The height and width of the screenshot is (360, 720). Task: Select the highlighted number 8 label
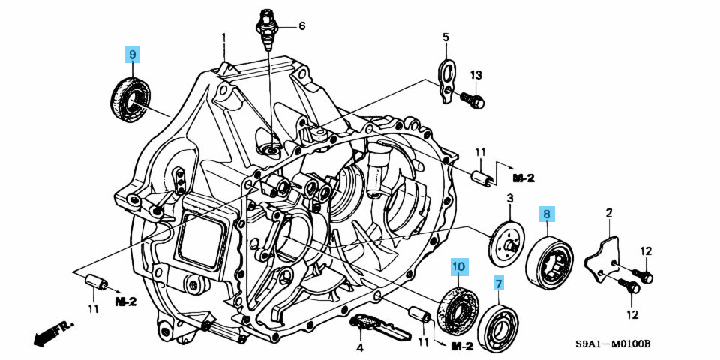[x=547, y=214]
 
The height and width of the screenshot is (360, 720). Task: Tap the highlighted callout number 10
[x=458, y=265]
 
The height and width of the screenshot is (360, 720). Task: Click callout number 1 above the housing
[x=223, y=37]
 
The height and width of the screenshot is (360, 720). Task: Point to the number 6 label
[x=301, y=26]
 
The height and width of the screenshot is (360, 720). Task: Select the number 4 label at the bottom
[x=359, y=347]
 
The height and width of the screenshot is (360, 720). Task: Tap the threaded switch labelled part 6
[x=266, y=26]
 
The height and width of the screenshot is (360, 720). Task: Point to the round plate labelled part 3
[x=508, y=241]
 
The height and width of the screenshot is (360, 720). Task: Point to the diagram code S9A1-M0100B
[x=613, y=344]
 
